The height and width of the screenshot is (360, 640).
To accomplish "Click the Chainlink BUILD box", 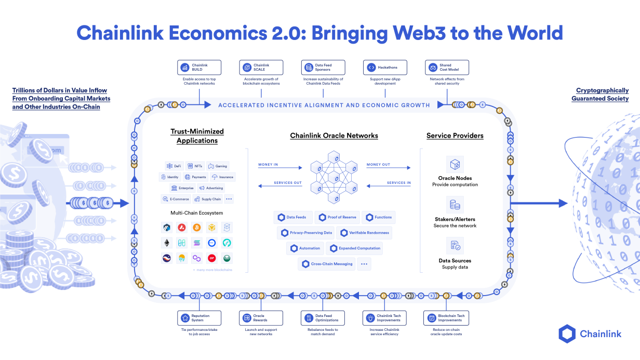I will pos(199,68).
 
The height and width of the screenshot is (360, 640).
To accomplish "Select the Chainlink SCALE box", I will pos(261,68).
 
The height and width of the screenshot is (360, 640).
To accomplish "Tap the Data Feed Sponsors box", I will pos(323,68).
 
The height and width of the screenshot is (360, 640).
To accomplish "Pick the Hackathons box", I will pos(385,68).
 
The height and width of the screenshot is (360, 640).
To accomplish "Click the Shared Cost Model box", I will pos(447,68).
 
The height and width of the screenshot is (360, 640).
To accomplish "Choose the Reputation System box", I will pos(199,318).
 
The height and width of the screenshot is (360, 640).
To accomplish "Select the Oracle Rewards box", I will pos(261,318).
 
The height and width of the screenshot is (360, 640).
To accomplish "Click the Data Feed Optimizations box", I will pos(323,318).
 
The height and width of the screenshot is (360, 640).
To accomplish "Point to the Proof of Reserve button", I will pos(338,217).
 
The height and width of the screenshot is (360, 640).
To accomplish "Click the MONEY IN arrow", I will pos(280,168).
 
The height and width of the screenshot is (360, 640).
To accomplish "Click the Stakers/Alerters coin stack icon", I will pos(455,205).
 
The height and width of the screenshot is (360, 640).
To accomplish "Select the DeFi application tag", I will pos(174,166).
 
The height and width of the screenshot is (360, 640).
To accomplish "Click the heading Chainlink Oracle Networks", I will pos(334,136).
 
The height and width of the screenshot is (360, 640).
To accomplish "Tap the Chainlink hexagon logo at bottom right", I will pos(567,334).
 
